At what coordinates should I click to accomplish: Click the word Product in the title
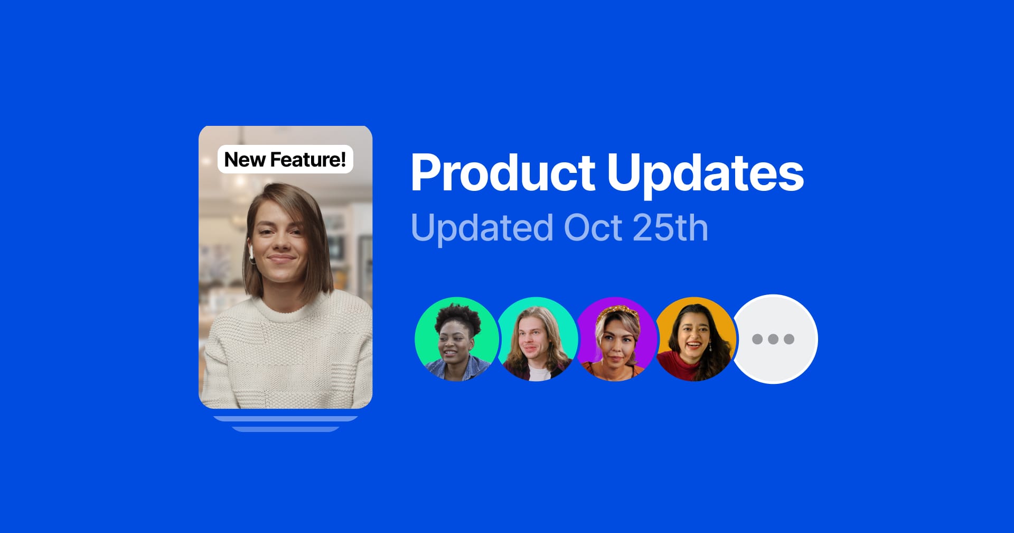pos(503,172)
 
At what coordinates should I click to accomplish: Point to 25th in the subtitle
pos(670,228)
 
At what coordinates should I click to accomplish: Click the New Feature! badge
pos(285,159)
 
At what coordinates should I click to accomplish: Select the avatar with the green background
pos(456,339)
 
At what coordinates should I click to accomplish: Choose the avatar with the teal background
pos(536,339)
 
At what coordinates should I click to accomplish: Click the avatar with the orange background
pos(696,339)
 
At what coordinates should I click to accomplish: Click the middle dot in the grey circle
pos(773,339)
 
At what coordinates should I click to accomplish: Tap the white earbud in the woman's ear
pos(251,253)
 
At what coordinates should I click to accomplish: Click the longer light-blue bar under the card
pos(286,419)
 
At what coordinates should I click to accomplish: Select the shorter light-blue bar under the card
pos(286,429)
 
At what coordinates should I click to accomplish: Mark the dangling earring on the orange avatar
pos(710,346)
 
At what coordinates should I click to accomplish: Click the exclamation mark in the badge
pos(343,159)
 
